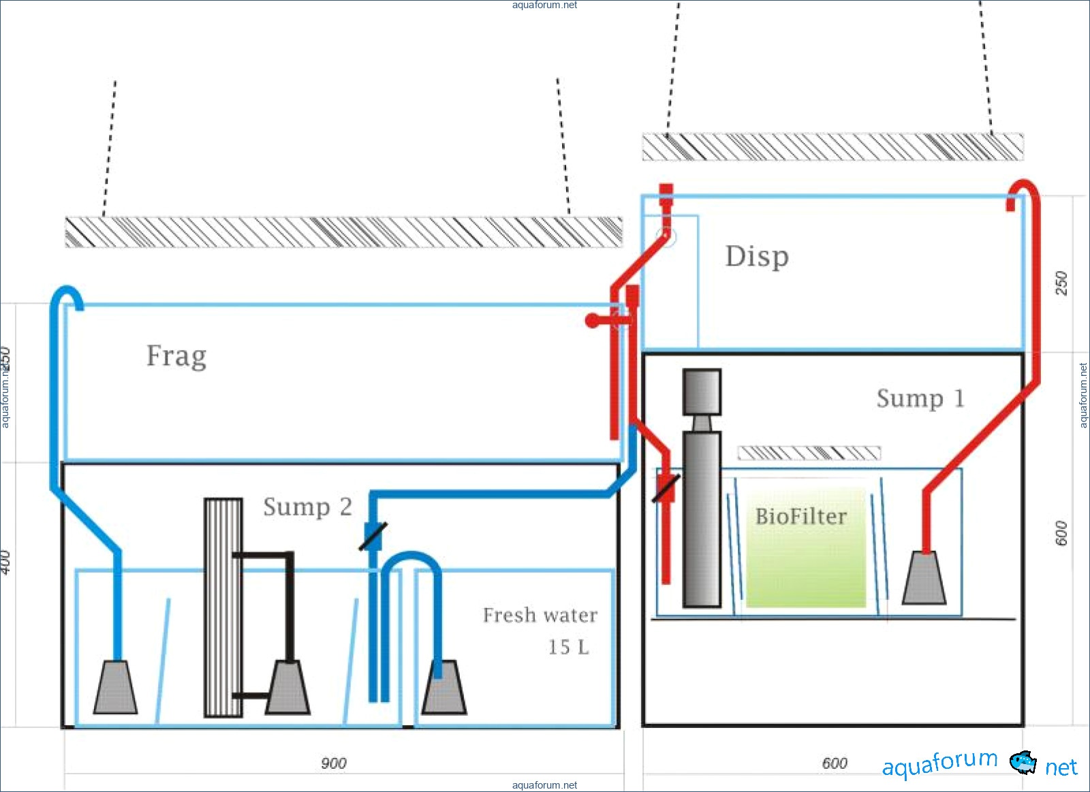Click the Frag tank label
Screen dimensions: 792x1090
tap(176, 356)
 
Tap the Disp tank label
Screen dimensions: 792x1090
tap(757, 257)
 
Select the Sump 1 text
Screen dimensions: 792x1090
tap(920, 398)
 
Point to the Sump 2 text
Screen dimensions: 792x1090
tap(307, 507)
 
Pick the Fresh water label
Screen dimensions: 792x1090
tap(540, 615)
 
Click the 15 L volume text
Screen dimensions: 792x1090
tap(568, 647)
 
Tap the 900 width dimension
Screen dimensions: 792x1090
tap(334, 763)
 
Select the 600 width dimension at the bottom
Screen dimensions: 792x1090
tap(835, 763)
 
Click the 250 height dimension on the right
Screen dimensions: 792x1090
tap(1061, 283)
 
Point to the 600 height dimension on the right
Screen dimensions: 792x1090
tap(1061, 533)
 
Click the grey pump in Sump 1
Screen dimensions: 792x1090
tap(924, 578)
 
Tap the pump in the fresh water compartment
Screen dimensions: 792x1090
tap(444, 688)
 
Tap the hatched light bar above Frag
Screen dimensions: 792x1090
tap(343, 232)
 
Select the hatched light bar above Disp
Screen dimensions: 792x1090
tap(832, 147)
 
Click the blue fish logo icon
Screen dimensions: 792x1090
tap(1023, 761)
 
